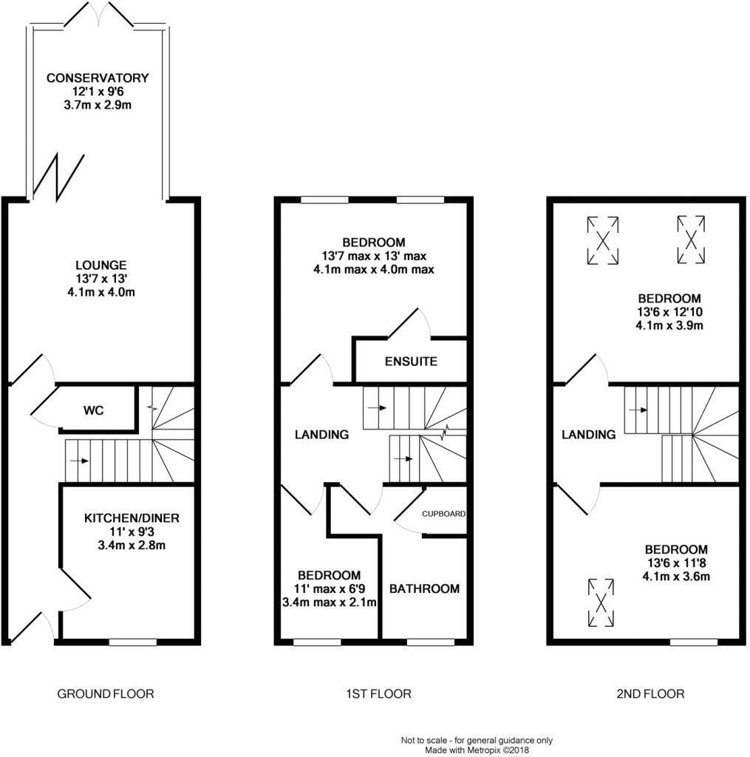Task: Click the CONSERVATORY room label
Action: (98, 78)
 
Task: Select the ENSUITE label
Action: (411, 361)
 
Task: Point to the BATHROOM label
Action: (424, 589)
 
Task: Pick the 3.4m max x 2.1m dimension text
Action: (330, 602)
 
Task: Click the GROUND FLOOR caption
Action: (106, 694)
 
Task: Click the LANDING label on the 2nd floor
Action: (589, 435)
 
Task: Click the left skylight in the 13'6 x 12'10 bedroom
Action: (604, 240)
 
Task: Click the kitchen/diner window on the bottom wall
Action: (132, 642)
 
